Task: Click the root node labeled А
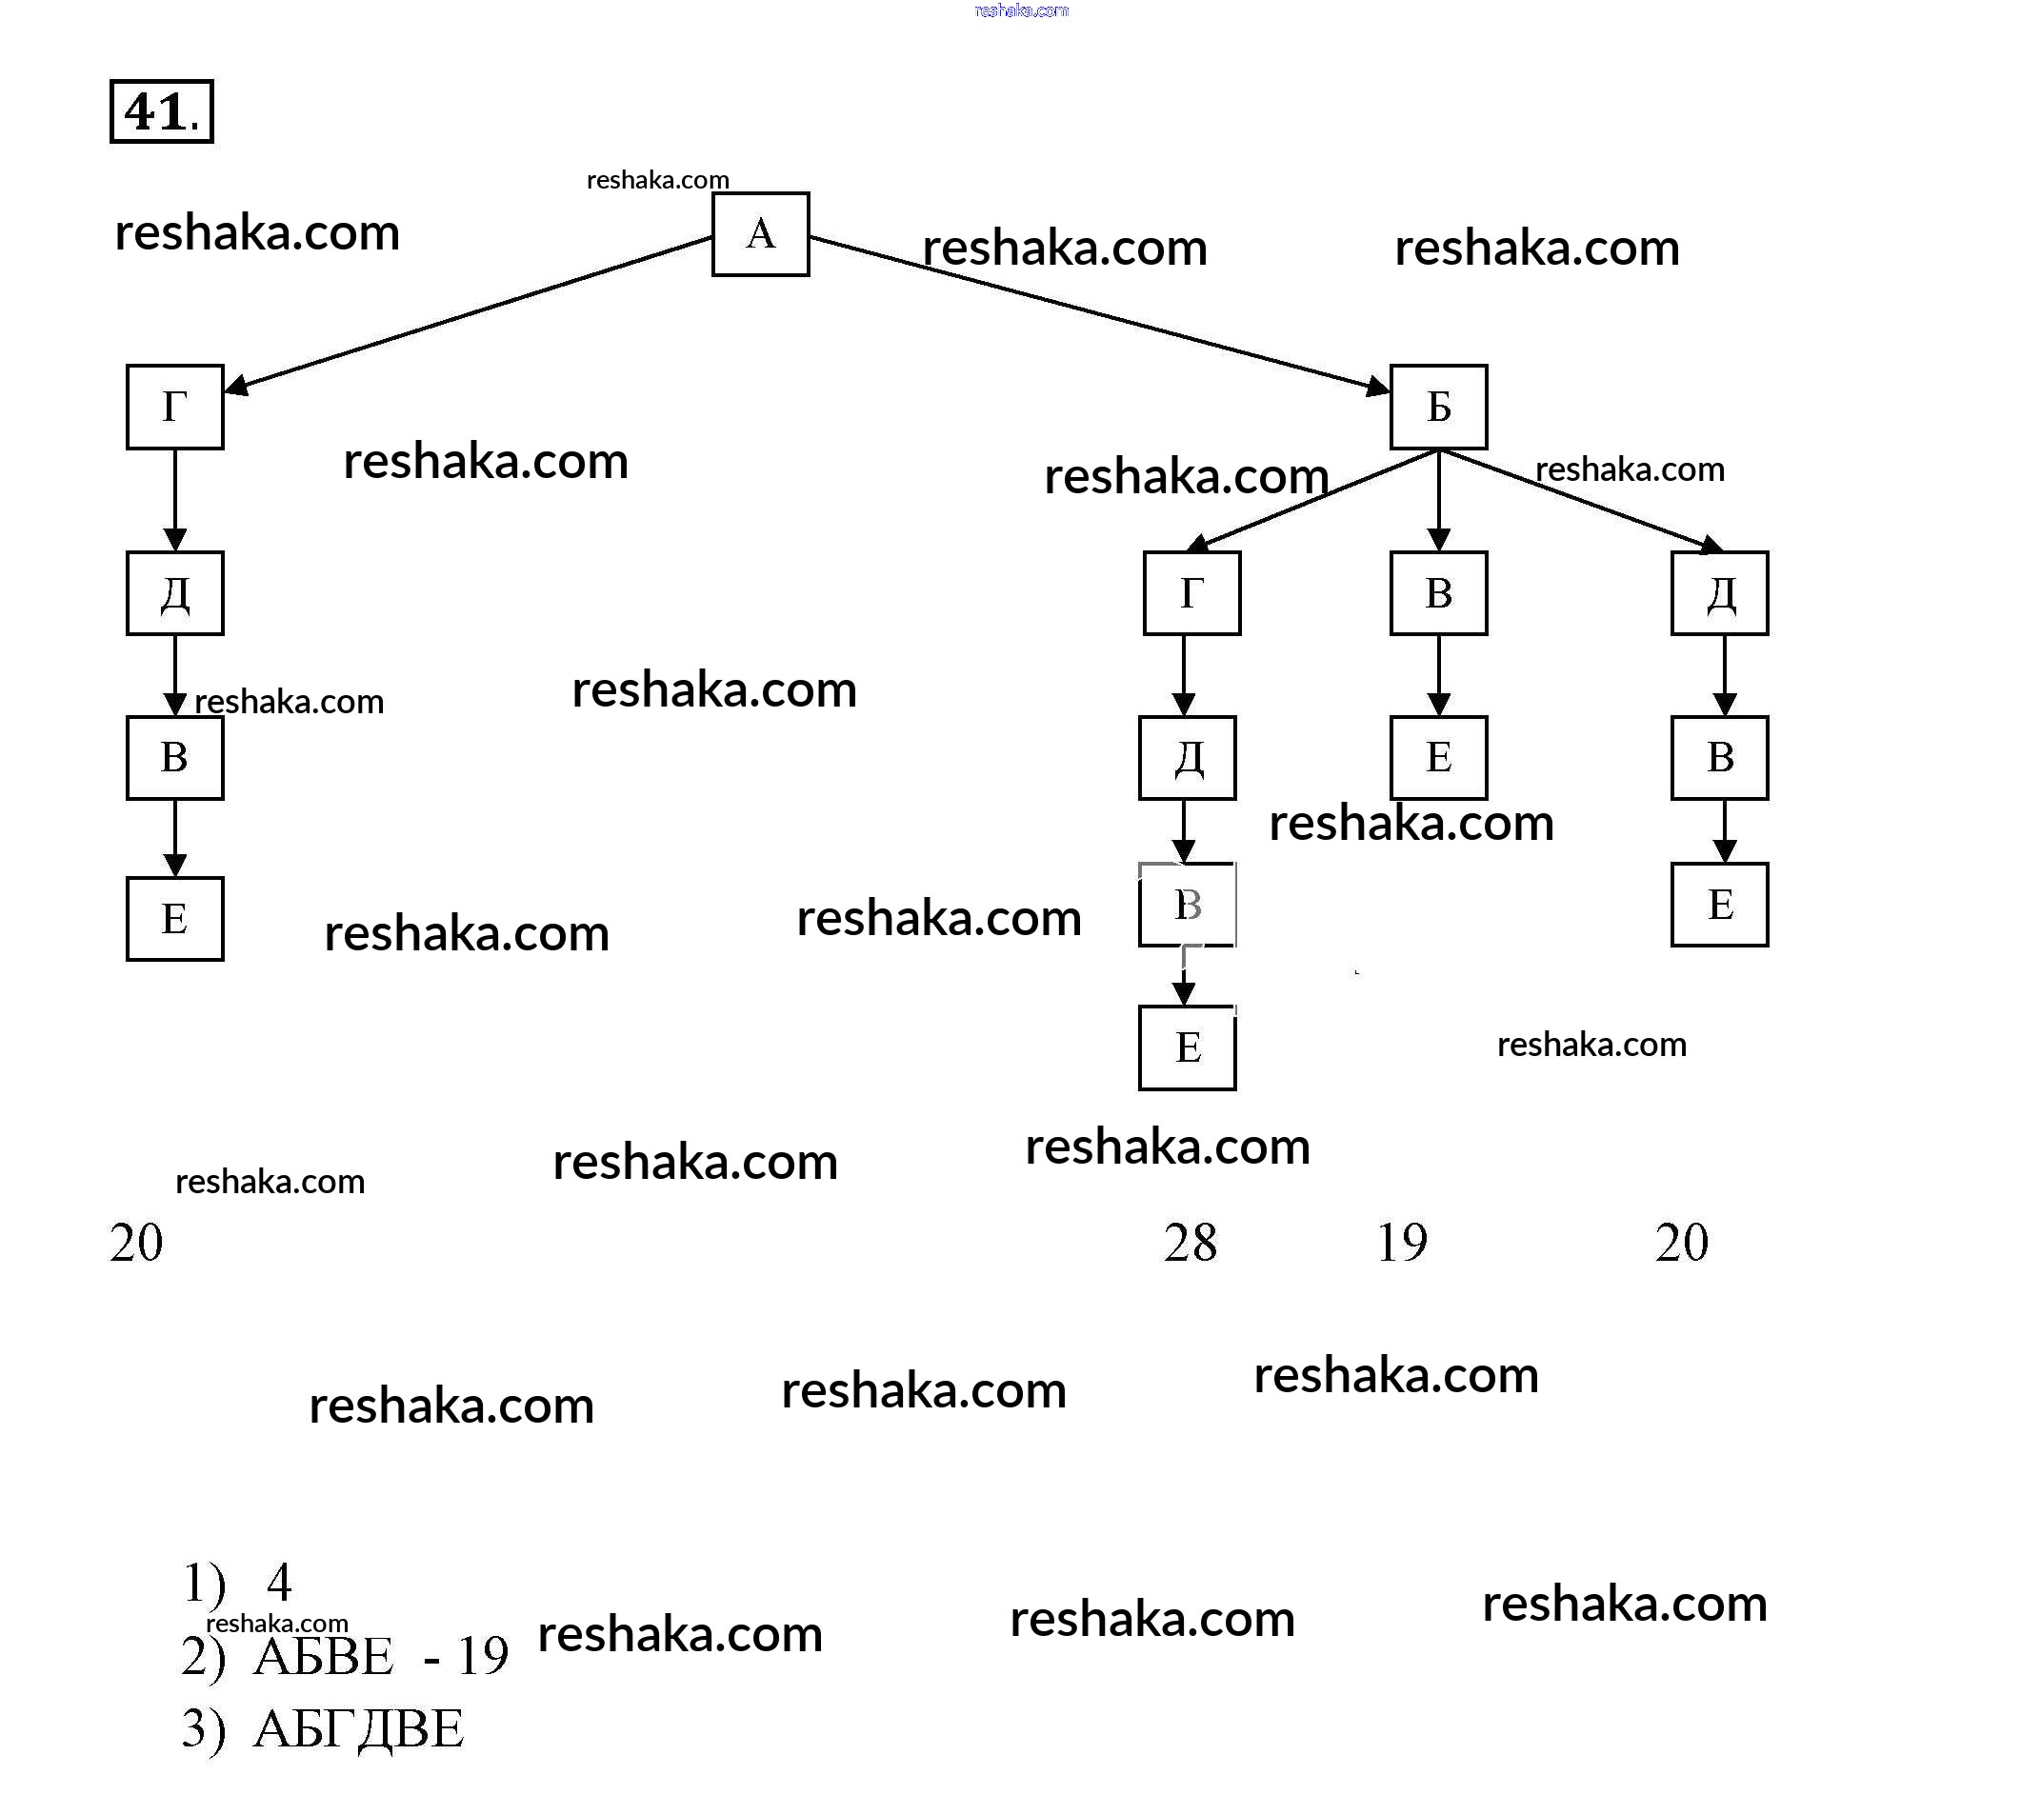760,233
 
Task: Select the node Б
1438,407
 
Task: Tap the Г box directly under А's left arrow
174,407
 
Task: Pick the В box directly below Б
1438,593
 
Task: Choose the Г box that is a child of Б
1191,593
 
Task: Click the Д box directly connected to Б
1719,593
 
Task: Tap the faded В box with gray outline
1188,905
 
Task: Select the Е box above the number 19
1438,757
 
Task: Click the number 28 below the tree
1191,1243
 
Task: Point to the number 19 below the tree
1402,1243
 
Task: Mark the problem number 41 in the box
161,111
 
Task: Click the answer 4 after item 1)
279,1583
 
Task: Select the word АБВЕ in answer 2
324,1657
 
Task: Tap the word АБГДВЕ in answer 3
358,1729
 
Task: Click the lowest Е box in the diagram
1188,1047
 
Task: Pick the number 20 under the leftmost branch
136,1243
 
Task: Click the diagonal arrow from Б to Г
1313,499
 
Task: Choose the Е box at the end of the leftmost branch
174,919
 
